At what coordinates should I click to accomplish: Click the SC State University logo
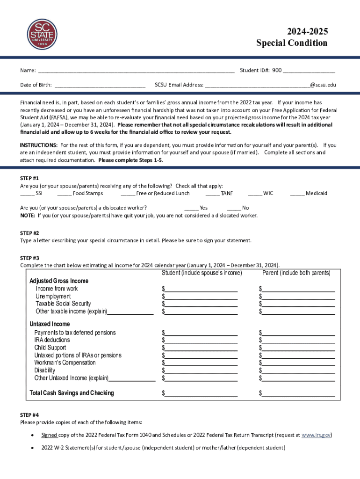coord(41,34)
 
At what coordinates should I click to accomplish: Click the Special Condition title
coord(292,43)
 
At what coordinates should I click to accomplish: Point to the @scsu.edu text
coord(323,85)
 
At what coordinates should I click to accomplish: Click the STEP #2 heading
coord(29,233)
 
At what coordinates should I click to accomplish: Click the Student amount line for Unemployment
coord(201,297)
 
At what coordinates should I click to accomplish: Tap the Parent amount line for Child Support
coord(298,348)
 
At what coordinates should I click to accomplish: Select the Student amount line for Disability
coord(201,371)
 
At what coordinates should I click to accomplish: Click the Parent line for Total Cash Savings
coord(298,394)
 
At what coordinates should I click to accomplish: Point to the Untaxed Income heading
coord(50,324)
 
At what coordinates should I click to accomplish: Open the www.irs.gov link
coord(317,435)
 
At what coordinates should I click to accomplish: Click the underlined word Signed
coord(49,435)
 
